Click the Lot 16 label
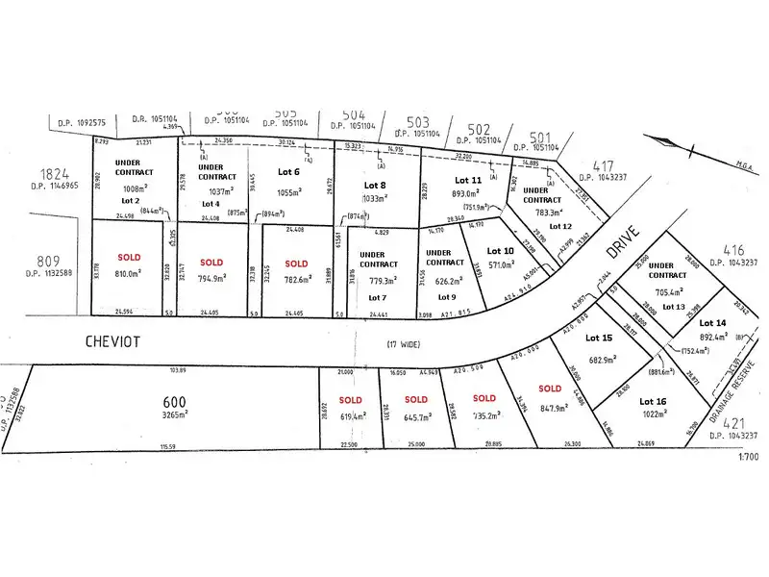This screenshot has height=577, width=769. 653,401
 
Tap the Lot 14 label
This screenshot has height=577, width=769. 712,323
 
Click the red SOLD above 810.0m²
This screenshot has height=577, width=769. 129,258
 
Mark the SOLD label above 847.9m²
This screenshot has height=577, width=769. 550,388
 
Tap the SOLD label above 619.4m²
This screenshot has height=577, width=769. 350,399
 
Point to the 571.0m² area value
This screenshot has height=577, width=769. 503,265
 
